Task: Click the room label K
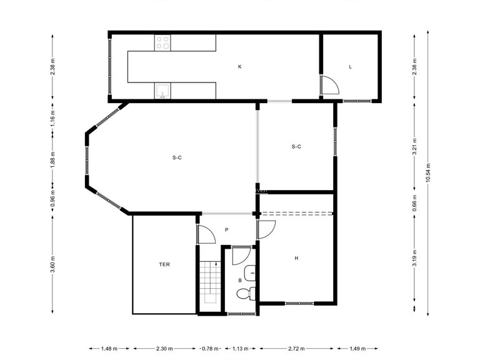239,66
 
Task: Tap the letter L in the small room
351,66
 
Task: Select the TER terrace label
164,264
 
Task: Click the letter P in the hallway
226,230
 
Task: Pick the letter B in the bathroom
239,281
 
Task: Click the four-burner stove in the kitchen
162,42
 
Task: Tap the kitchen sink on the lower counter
162,91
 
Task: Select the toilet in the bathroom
251,293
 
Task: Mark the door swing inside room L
329,85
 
